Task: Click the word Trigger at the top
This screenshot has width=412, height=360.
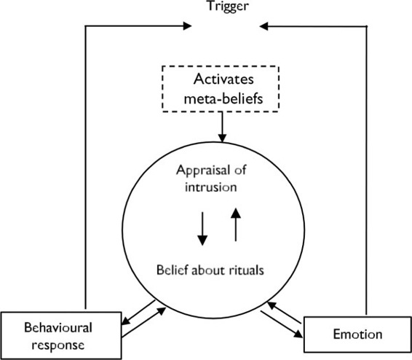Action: [x=228, y=6]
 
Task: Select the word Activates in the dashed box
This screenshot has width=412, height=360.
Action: [x=223, y=79]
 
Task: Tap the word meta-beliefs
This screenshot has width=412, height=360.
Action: [x=223, y=99]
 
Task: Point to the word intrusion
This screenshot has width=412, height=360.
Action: [x=211, y=187]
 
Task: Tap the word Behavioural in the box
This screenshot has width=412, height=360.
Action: [x=58, y=328]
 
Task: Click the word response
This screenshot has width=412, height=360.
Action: [x=58, y=345]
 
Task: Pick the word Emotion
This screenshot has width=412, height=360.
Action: [x=357, y=334]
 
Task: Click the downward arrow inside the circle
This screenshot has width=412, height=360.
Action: [x=202, y=229]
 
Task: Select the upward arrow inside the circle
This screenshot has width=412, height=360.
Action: [x=236, y=224]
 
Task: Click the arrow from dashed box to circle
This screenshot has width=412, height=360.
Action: [x=222, y=127]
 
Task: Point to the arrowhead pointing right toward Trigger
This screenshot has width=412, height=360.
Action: [x=187, y=26]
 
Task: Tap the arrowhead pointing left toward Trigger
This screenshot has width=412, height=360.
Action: [x=264, y=26]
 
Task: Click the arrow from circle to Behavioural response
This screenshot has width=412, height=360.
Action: [x=138, y=313]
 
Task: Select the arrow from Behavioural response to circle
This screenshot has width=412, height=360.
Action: [x=144, y=322]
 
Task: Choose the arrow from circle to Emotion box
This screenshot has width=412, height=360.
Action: [x=282, y=324]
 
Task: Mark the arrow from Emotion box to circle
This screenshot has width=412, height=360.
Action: [x=284, y=313]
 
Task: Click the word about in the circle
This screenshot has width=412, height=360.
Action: [x=206, y=270]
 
